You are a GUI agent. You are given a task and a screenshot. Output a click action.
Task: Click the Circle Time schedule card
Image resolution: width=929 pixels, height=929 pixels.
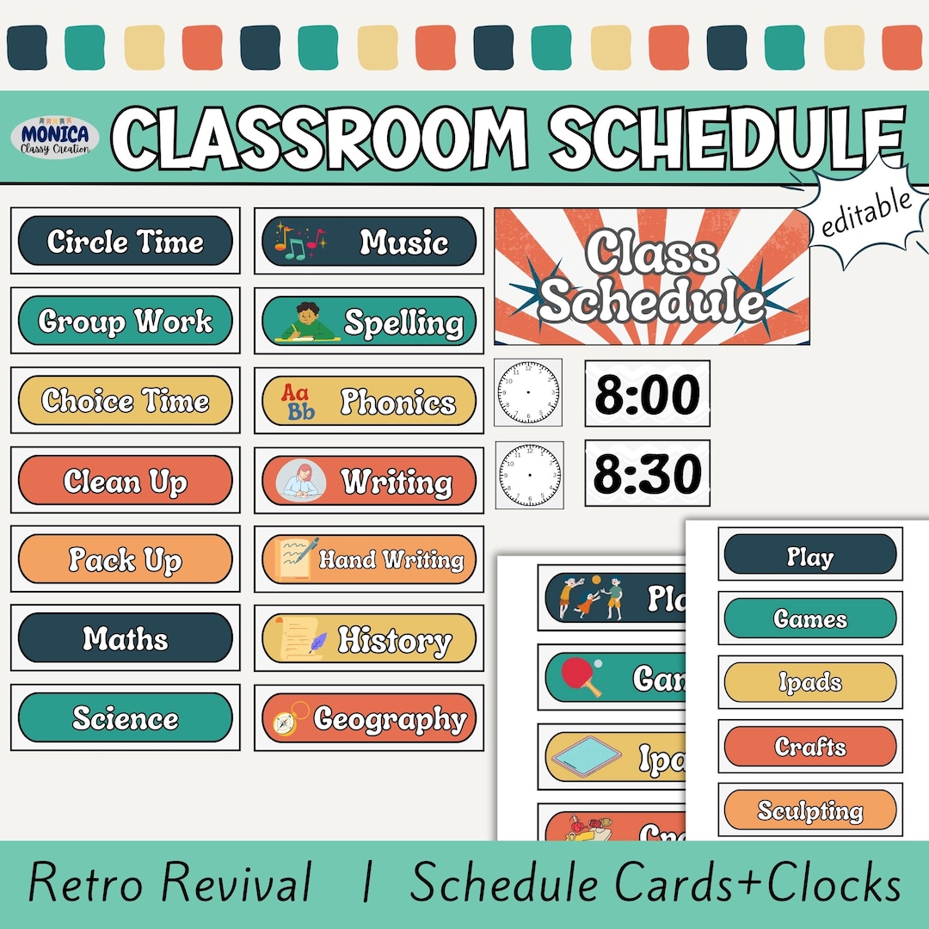click(x=126, y=241)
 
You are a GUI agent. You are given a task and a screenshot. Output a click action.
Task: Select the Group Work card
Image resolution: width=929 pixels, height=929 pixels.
click(x=126, y=321)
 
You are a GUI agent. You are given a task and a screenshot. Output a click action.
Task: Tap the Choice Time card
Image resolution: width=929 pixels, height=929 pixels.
click(x=126, y=401)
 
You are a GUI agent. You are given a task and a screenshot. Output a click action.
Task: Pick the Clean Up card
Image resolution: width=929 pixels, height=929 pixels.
click(x=126, y=481)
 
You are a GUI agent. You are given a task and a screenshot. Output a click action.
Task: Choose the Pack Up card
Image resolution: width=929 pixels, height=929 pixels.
click(x=126, y=560)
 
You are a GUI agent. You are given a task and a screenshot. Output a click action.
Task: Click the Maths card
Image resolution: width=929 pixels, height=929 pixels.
click(x=126, y=638)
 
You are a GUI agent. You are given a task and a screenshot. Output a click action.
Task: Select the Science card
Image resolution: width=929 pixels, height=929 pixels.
click(x=126, y=717)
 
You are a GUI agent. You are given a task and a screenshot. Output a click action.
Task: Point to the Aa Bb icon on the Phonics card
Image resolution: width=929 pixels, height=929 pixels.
click(x=299, y=402)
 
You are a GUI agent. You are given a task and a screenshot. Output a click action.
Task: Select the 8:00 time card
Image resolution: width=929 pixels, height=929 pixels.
click(x=648, y=394)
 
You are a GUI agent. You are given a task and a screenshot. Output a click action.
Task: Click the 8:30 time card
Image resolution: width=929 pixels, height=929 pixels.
click(x=648, y=473)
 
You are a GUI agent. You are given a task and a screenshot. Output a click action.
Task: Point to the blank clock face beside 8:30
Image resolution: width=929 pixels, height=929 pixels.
click(x=530, y=474)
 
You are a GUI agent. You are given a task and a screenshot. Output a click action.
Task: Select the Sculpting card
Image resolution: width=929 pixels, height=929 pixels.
click(x=810, y=809)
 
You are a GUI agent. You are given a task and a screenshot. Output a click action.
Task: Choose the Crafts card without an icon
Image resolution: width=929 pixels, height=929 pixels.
click(x=810, y=746)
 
